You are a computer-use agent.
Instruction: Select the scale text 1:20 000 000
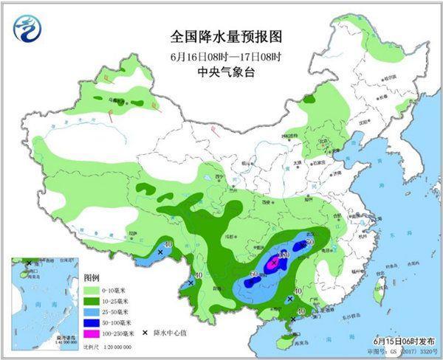pyautogui.click(x=103, y=346)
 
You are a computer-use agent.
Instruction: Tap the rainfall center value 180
pyautogui.click(x=284, y=255)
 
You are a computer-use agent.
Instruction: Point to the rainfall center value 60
pyautogui.click(x=255, y=274)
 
